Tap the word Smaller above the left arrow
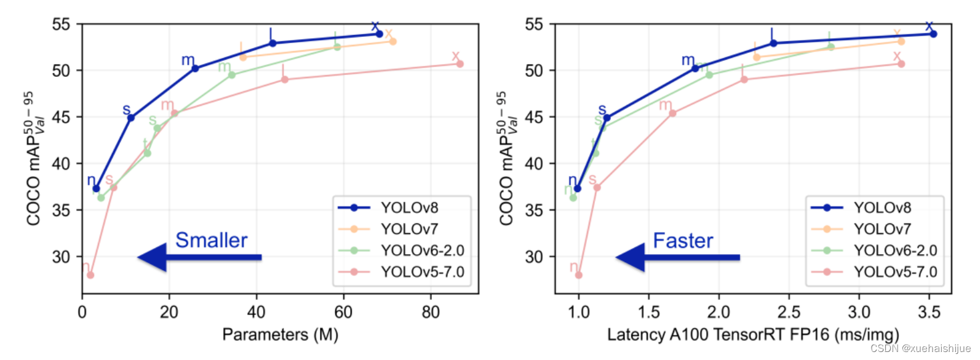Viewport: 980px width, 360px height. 211,240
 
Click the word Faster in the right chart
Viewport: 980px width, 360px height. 683,241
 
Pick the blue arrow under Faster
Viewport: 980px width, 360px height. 677,257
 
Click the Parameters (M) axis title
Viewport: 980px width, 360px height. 280,335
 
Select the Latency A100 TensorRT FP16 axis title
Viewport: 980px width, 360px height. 753,335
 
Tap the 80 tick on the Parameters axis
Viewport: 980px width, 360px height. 431,313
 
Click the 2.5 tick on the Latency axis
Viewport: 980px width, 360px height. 789,313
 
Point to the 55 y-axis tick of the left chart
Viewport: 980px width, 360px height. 61,25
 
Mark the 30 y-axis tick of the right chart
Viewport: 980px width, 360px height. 534,257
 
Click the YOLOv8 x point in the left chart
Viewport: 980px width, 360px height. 379,34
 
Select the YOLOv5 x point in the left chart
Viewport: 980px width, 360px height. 460,64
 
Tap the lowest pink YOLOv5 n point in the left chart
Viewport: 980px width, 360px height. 90,275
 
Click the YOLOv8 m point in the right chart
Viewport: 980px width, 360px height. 695,68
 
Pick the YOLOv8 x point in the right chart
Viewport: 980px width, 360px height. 933,34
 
